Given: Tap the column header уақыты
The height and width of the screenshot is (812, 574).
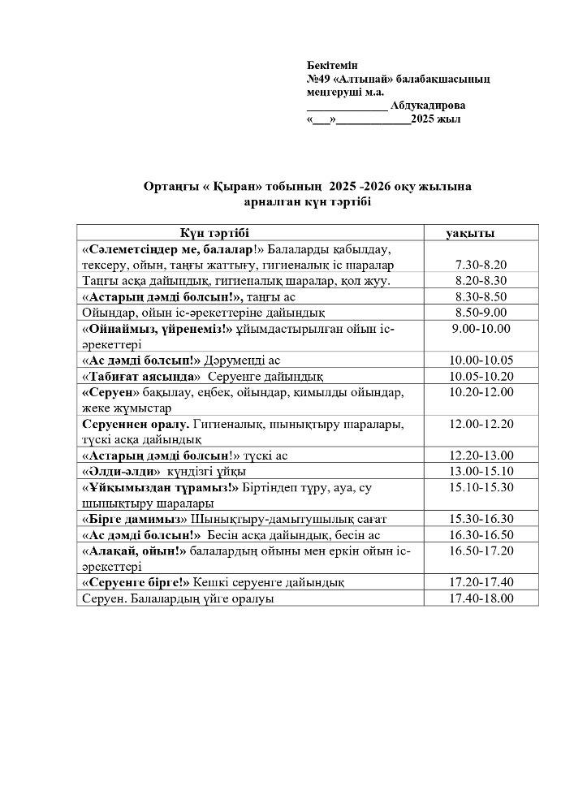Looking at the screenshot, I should (470, 233).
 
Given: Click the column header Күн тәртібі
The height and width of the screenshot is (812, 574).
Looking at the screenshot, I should (214, 233).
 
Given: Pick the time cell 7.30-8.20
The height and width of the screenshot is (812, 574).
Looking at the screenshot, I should (481, 266).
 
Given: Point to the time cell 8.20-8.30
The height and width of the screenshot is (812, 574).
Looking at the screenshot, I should (481, 281).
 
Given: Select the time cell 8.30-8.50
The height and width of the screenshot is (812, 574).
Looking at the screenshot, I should (481, 297).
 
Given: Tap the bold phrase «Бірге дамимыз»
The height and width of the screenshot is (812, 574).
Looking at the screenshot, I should (135, 520).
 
